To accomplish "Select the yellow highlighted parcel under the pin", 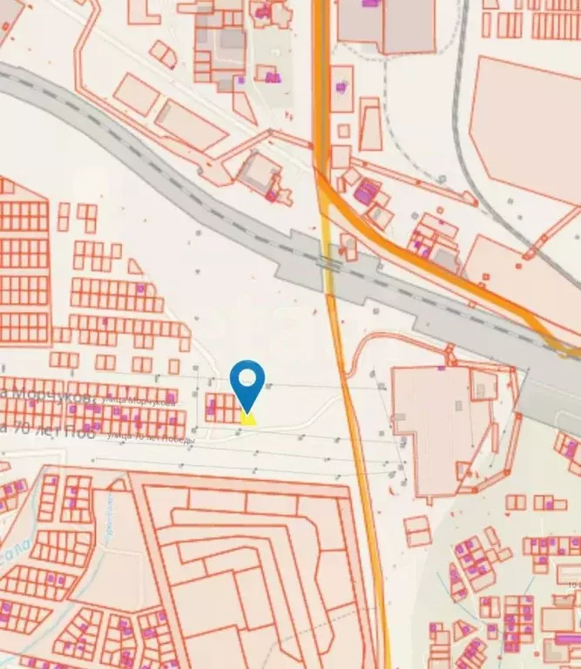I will pos(248,419).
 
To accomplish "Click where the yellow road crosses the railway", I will pos(328,261).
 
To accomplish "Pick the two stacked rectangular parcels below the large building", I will pos(416,530).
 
